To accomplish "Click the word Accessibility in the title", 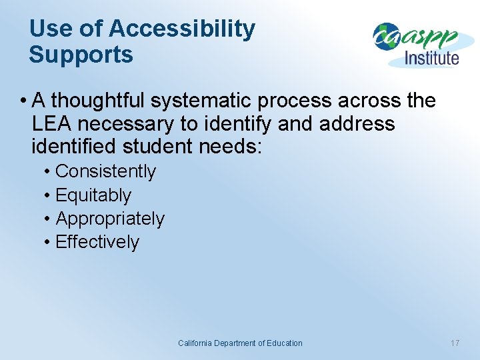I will coord(181,29).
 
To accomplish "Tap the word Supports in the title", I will coord(81,55).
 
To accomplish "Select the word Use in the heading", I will coord(49,29).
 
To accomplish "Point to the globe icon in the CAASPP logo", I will coord(385,37).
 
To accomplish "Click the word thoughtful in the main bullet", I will coord(99,101).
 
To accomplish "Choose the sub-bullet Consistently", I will coord(105,171).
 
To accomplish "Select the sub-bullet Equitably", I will coord(93,195).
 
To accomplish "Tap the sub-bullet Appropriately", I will coord(110,219).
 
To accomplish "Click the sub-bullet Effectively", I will coord(97,242).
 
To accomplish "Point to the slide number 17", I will coord(455,343).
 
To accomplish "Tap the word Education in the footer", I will coord(284,343).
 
